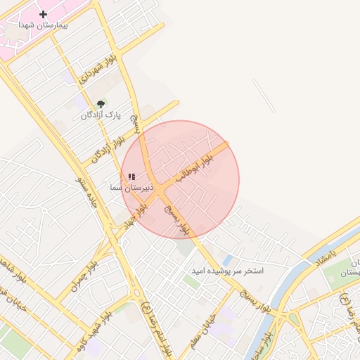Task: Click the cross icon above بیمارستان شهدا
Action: tap(44, 14)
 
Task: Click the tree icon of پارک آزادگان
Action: tap(101, 104)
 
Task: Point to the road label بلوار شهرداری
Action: tap(96, 72)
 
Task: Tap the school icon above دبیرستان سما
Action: tap(131, 177)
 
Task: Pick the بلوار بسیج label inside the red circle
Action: tap(176, 219)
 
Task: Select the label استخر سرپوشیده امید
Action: tap(228, 271)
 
